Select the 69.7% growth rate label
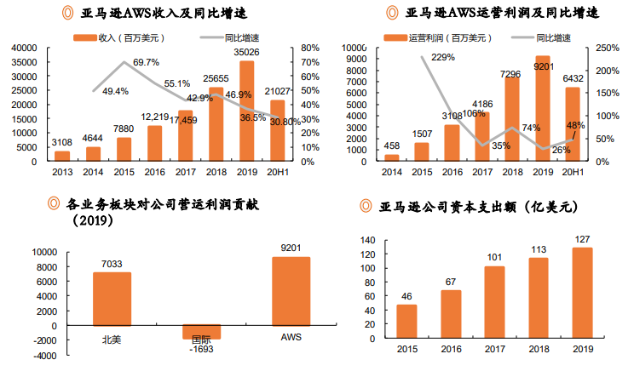pyautogui.click(x=146, y=62)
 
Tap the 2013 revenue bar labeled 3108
pyautogui.click(x=62, y=156)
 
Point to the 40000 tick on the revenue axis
pyautogui.click(x=25, y=48)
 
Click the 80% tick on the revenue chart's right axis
pyautogui.click(x=309, y=48)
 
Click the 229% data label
pyautogui.click(x=443, y=58)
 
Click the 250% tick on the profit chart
pyautogui.click(x=607, y=48)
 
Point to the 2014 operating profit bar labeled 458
pyautogui.click(x=391, y=157)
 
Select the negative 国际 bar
pyautogui.click(x=201, y=332)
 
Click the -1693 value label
pyautogui.click(x=201, y=348)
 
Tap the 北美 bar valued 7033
pyautogui.click(x=112, y=299)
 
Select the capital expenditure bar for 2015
pyautogui.click(x=406, y=320)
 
